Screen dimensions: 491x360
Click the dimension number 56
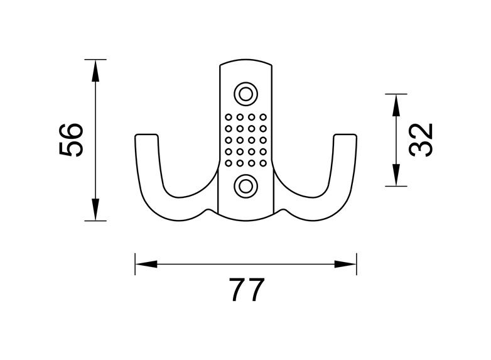(x=71, y=140)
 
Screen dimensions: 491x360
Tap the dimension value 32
(x=421, y=139)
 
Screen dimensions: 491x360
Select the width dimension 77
(x=247, y=290)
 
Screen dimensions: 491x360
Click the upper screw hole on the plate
(x=245, y=94)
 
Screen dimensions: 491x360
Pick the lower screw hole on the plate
(x=245, y=186)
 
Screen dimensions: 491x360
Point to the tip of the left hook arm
(x=146, y=134)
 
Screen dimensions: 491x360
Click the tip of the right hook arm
(x=345, y=134)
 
